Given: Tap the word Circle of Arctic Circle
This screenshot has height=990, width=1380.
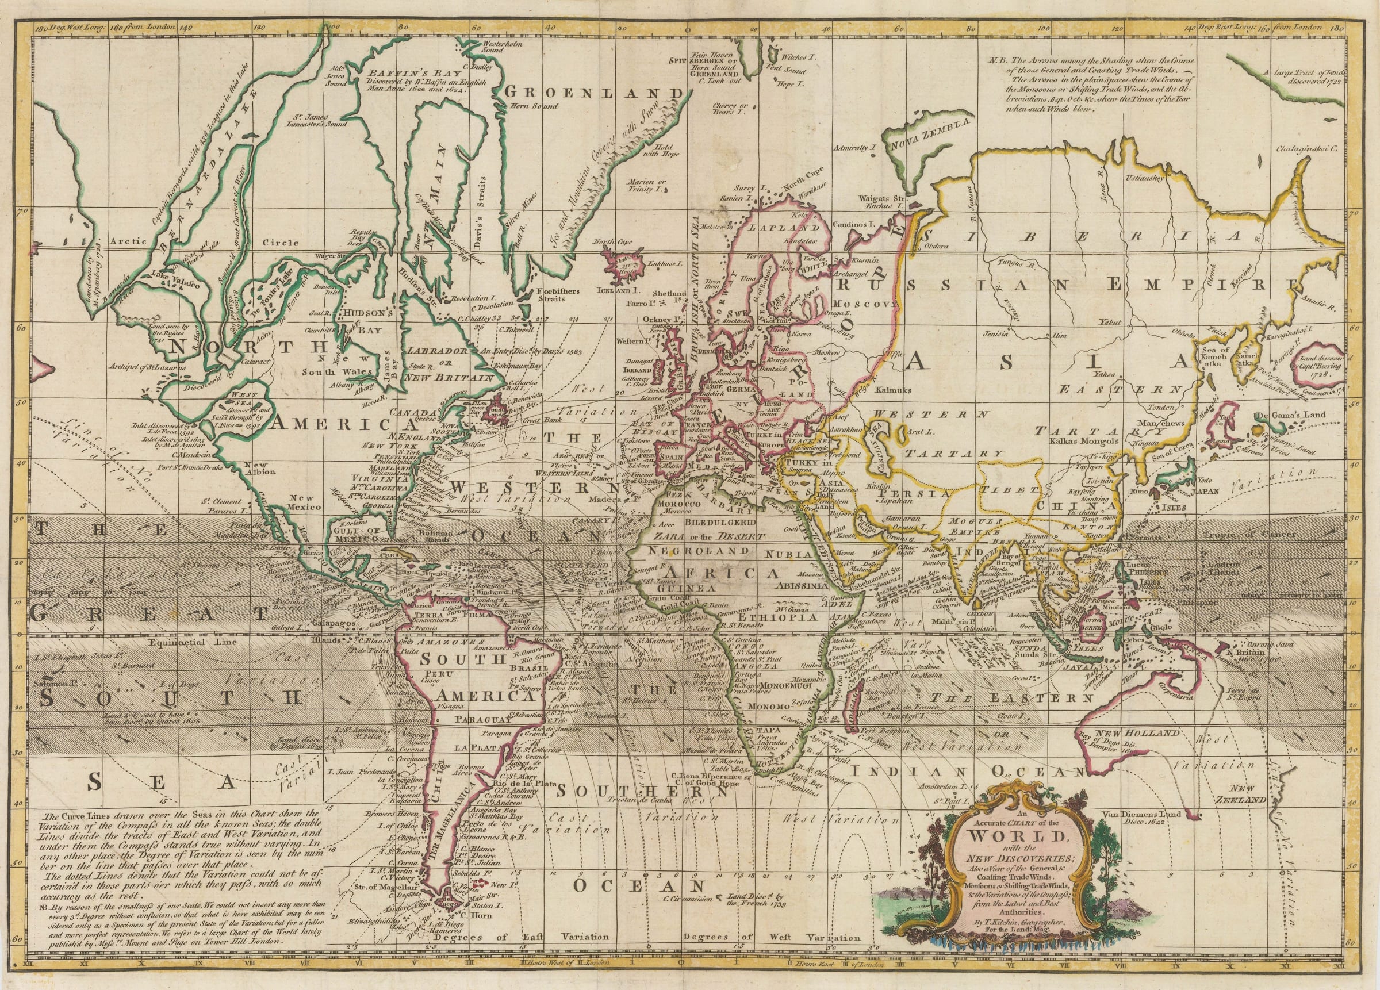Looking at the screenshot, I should point(280,243).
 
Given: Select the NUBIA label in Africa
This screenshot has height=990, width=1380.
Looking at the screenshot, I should point(787,554).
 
